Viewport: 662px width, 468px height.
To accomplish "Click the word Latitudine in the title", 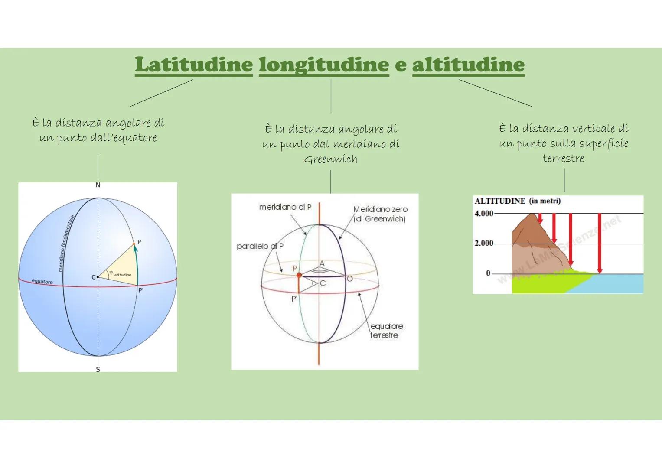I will tap(194, 65).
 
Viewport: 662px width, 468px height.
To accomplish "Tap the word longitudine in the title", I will tap(324, 65).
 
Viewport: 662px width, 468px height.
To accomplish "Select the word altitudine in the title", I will tap(468, 65).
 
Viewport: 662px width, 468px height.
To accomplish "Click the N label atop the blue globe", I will tap(98, 185).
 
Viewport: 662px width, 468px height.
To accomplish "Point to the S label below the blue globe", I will tap(98, 370).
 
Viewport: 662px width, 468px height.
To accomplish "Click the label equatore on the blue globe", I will tap(42, 282).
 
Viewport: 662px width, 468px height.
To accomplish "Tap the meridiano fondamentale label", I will tap(67, 244).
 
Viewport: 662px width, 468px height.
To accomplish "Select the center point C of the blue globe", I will tap(98, 276).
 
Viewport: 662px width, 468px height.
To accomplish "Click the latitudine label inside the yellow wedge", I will tap(122, 275).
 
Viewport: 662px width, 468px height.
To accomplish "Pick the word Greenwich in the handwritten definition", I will tap(331, 159).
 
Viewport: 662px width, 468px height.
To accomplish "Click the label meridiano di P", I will tap(285, 207).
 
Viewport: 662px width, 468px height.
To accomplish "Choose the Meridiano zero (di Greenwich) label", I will tap(380, 214).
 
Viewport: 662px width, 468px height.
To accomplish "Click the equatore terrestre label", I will tap(385, 331).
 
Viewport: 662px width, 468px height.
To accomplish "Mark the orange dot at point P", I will tap(299, 275).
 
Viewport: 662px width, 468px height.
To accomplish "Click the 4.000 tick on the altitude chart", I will tap(484, 214).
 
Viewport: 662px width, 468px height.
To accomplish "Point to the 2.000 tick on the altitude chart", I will tap(484, 243).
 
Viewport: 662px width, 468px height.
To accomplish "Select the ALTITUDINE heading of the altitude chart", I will tap(500, 201).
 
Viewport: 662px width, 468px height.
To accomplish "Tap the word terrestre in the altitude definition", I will tap(563, 158).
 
